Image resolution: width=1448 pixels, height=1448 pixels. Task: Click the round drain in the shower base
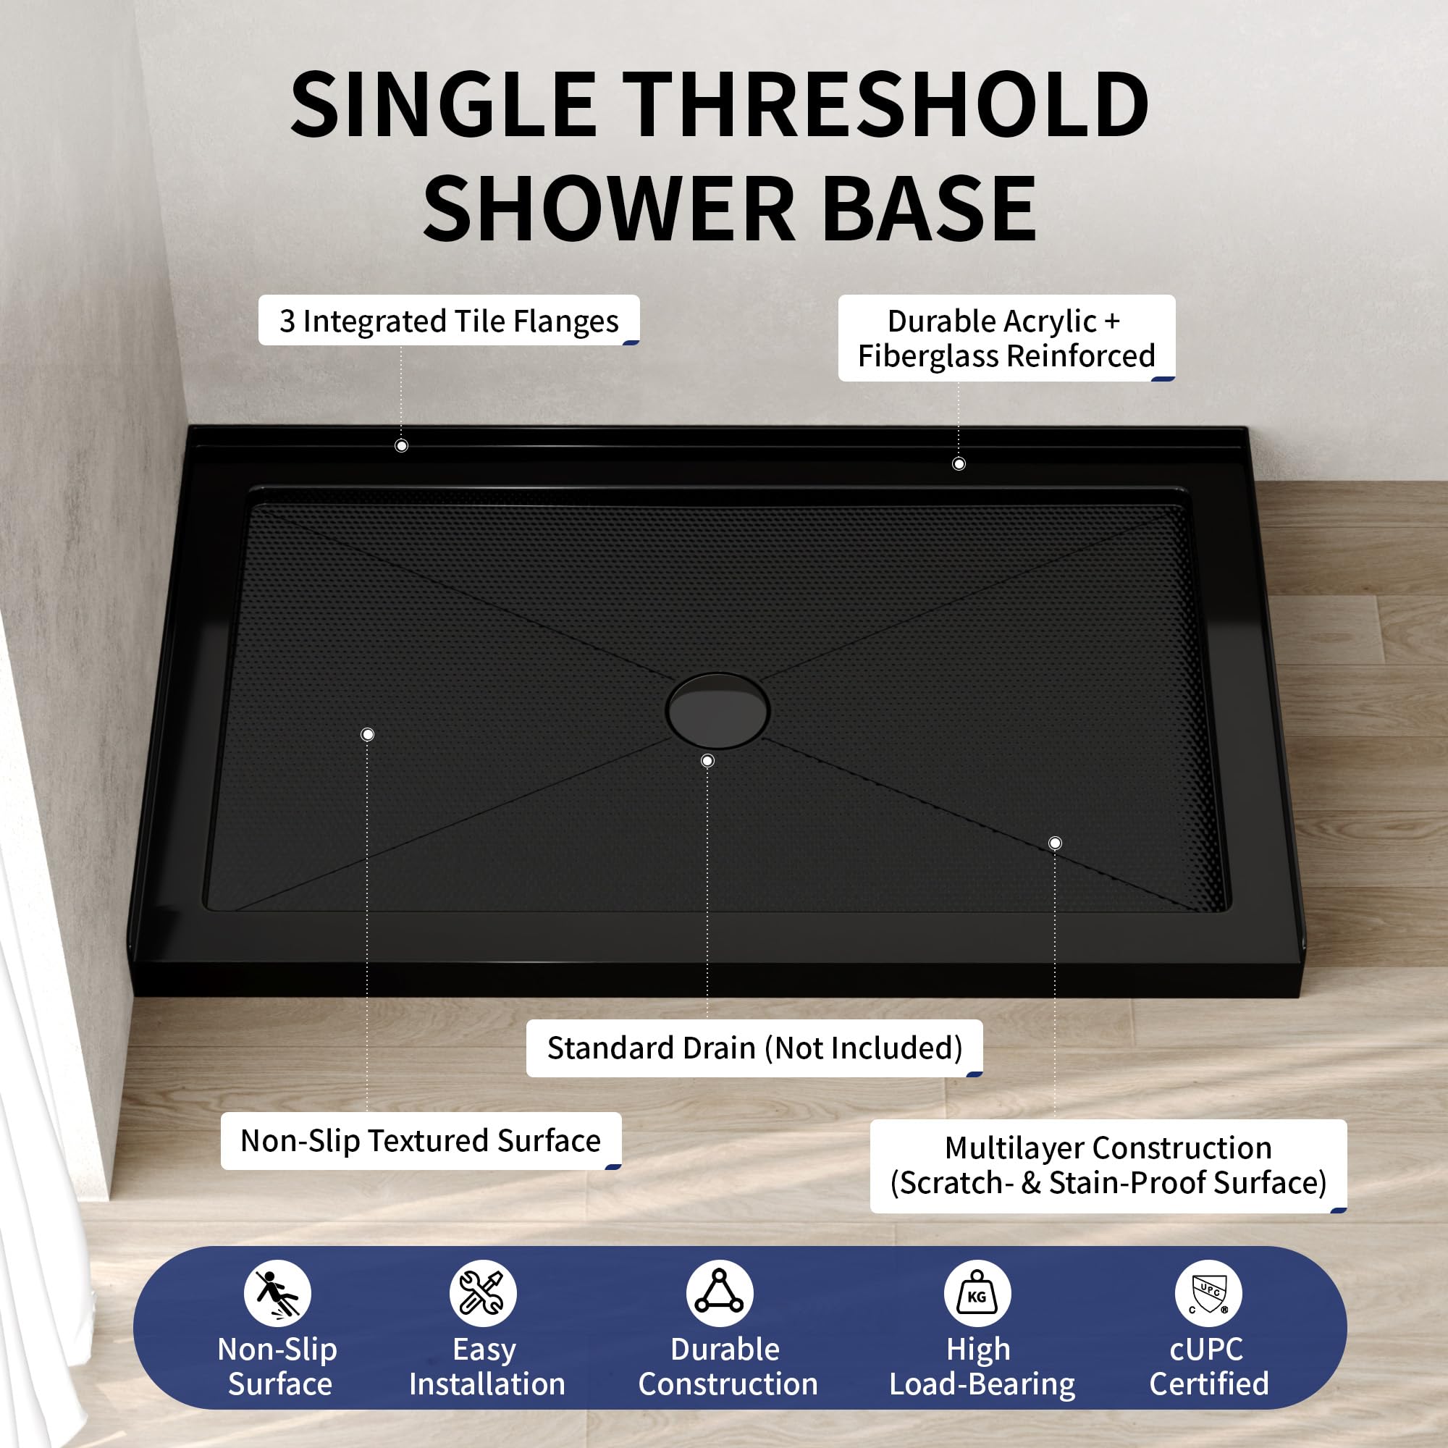tap(717, 710)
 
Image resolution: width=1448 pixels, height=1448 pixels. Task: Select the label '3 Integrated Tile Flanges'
tap(449, 321)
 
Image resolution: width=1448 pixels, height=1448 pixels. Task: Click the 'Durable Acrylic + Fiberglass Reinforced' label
tap(1006, 338)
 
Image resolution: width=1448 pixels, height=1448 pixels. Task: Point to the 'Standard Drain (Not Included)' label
tap(754, 1048)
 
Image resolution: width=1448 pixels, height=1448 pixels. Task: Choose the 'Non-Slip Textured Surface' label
tap(421, 1140)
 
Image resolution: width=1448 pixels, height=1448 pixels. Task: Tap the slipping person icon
tap(277, 1294)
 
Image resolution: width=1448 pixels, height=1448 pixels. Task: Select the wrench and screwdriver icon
tap(484, 1294)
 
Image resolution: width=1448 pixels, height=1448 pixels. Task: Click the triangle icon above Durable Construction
tap(720, 1294)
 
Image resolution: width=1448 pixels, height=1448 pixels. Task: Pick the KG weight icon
tap(977, 1294)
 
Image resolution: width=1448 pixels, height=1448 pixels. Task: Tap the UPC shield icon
tap(1208, 1294)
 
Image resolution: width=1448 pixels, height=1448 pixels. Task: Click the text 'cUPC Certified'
tap(1208, 1366)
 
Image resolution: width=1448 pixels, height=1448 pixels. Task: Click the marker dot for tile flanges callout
tap(402, 446)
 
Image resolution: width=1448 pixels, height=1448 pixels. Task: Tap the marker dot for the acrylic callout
tap(959, 464)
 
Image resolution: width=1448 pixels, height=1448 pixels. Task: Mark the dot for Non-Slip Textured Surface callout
tap(367, 734)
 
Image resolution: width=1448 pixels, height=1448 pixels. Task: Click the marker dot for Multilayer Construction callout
tap(1055, 843)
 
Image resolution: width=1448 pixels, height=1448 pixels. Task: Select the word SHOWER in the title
tap(608, 208)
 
